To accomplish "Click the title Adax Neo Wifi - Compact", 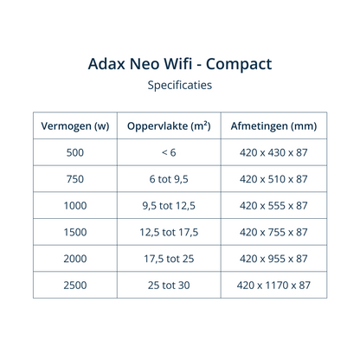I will tap(180, 64).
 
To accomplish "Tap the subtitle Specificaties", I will tap(180, 86).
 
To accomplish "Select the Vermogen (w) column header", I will tap(74, 125).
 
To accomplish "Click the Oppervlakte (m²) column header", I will tap(169, 125).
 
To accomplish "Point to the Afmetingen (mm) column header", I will tap(273, 125).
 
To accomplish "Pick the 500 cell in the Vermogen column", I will tap(74, 152).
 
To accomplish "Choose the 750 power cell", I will tap(74, 179).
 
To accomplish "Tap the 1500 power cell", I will tap(74, 232).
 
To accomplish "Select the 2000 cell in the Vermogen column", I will tap(74, 258).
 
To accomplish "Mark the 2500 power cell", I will tap(74, 284).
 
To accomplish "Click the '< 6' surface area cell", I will tap(169, 152).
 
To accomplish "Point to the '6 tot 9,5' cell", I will tap(169, 179).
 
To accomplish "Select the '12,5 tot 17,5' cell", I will tap(169, 232).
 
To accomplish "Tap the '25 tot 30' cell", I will tap(169, 284).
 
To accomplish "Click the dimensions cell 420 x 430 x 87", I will tap(273, 152).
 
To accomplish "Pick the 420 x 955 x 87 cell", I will tap(273, 258).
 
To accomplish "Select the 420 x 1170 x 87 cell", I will tap(273, 284).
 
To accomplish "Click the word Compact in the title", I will tap(235, 65).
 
